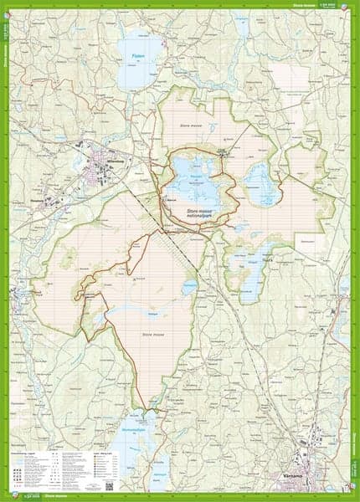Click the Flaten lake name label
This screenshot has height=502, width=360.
[x=138, y=57]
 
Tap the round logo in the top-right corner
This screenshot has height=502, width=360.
[x=353, y=6]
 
